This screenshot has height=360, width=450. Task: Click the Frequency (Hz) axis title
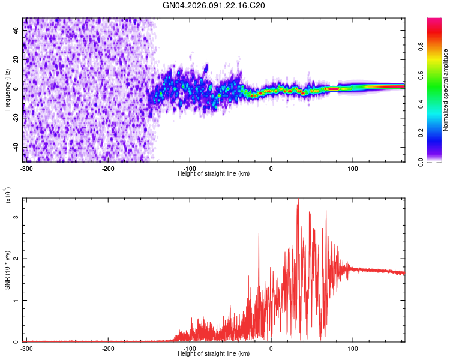point(7,90)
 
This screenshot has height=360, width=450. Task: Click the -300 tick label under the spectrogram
point(26,168)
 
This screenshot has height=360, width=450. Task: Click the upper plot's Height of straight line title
point(214,173)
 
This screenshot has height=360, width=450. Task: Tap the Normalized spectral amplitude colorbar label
point(446,90)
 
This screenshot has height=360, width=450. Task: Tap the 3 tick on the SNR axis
point(17,216)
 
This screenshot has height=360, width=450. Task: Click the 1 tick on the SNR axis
point(17,300)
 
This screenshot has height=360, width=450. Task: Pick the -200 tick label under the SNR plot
point(108,348)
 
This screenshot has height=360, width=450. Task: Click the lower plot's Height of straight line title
point(214,354)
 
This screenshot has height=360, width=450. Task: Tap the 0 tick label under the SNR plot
point(271,348)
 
